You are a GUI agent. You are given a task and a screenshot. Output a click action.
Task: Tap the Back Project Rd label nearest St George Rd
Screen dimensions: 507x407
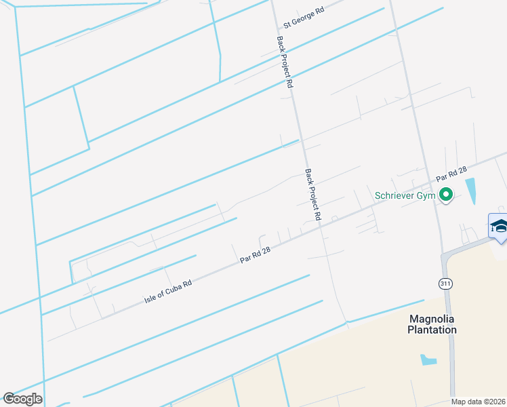(285, 62)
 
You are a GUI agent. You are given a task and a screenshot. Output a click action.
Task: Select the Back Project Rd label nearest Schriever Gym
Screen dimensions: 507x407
(312, 194)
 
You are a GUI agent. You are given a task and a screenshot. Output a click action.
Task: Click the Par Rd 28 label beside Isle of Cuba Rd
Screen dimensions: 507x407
(256, 254)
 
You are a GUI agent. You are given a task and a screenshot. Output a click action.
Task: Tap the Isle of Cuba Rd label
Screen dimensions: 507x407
(168, 290)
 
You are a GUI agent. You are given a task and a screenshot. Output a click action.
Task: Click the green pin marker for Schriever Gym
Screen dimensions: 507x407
(445, 195)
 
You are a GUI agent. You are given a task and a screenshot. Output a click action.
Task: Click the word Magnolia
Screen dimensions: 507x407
(432, 318)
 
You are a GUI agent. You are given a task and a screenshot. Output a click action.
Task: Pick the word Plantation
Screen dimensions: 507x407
(432, 330)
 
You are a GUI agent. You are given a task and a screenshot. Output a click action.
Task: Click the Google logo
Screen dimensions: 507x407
(22, 398)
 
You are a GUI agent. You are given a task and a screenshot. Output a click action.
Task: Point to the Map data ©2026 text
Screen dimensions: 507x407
(479, 402)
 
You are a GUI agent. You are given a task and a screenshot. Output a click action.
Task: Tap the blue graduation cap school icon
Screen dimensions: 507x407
(499, 226)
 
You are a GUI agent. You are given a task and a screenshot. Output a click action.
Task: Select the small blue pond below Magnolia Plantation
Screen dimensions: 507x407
(428, 360)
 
